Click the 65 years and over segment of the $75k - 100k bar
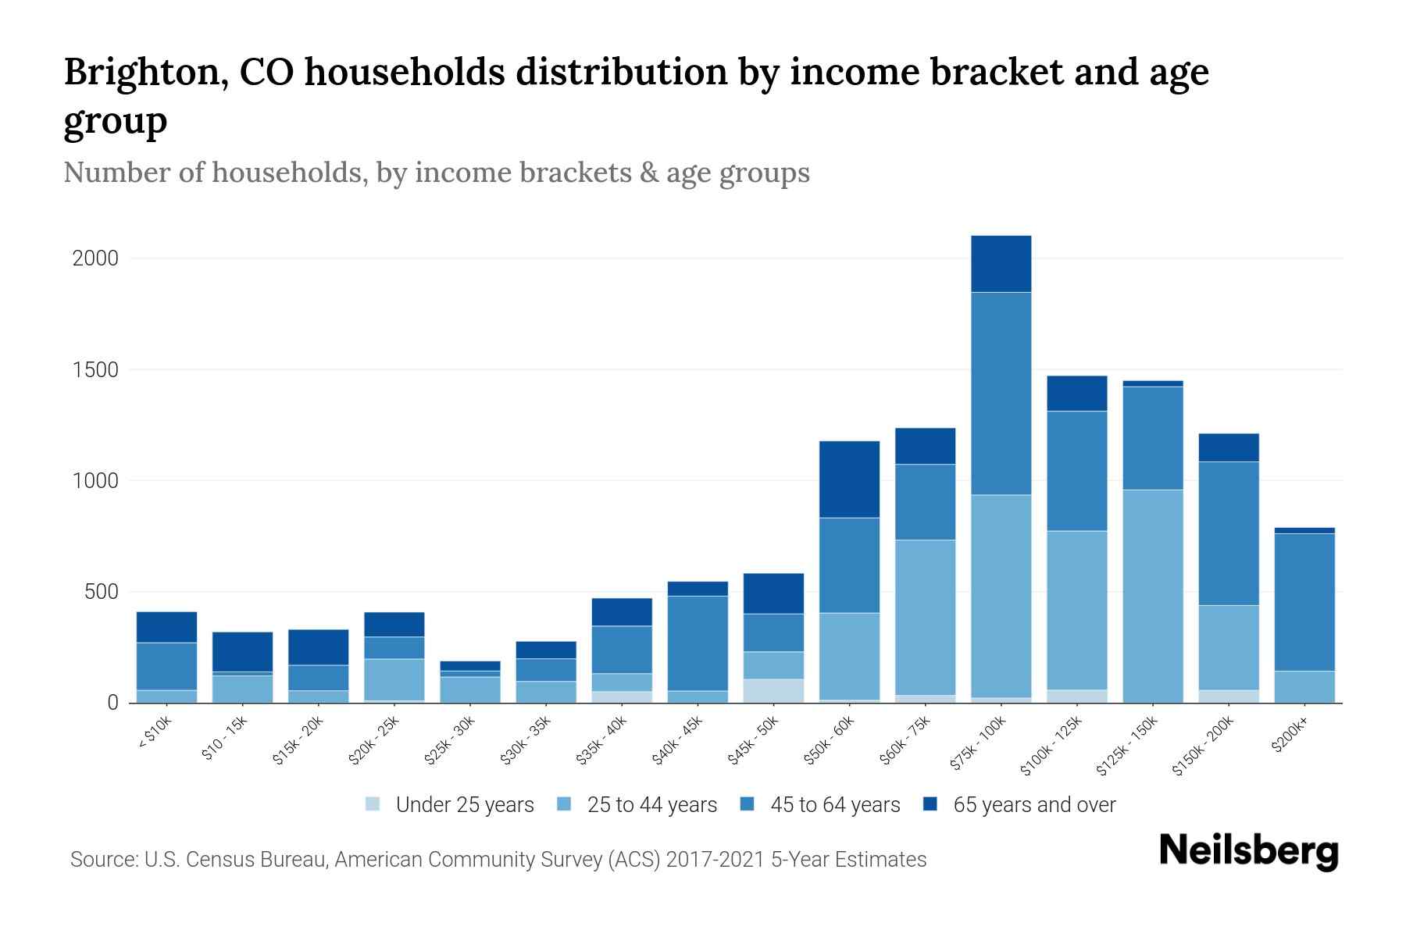[x=1001, y=264]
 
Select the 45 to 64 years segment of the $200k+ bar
[x=1304, y=602]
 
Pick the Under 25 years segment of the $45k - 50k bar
[x=773, y=690]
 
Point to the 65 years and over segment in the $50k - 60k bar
[x=849, y=479]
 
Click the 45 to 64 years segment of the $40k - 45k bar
[x=698, y=643]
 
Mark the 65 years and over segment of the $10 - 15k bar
[x=242, y=651]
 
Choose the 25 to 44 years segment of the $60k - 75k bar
[x=925, y=617]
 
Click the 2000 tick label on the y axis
[x=95, y=258]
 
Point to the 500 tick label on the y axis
[x=102, y=592]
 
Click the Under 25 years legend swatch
[x=373, y=803]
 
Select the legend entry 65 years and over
[x=1033, y=805]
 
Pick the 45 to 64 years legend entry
[x=834, y=805]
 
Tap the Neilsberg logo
[x=1248, y=851]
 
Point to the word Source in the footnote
[x=102, y=860]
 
